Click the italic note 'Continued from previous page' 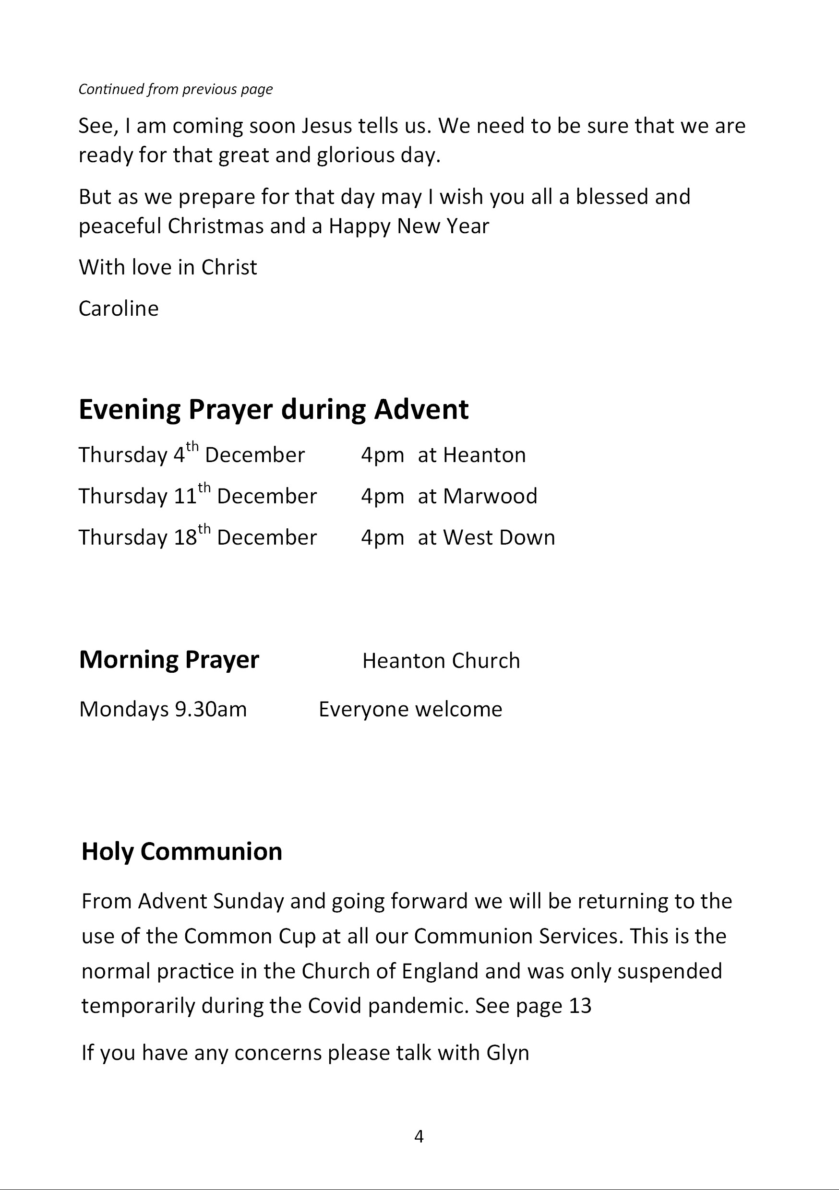click(x=175, y=90)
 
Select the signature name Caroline click(x=119, y=309)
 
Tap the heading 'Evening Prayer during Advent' click(x=273, y=409)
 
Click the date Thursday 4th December click(x=192, y=455)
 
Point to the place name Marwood click(x=490, y=497)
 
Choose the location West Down click(x=499, y=537)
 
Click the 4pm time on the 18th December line click(x=382, y=538)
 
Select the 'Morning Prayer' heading click(x=169, y=660)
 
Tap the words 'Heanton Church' click(x=441, y=661)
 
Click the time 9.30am click(x=211, y=710)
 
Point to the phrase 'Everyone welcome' click(x=410, y=710)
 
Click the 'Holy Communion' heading click(x=182, y=852)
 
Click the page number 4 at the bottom click(x=419, y=1137)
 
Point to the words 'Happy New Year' click(x=408, y=226)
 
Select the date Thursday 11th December click(x=198, y=497)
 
